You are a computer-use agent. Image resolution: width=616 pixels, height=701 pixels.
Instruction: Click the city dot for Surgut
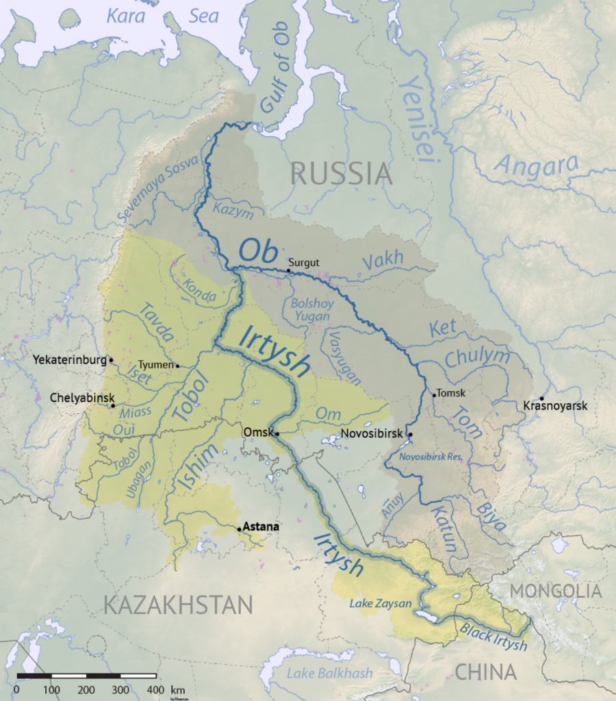pyautogui.click(x=288, y=270)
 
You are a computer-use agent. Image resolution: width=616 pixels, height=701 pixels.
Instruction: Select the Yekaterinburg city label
pyautogui.click(x=69, y=359)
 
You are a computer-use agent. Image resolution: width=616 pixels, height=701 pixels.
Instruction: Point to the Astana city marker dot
pyautogui.click(x=239, y=528)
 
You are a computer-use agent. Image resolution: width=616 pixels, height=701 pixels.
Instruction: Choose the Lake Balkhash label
pyautogui.click(x=330, y=673)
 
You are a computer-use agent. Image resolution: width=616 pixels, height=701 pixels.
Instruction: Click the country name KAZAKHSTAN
pyautogui.click(x=178, y=604)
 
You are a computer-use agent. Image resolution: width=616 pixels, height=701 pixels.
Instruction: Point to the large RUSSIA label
pyautogui.click(x=342, y=174)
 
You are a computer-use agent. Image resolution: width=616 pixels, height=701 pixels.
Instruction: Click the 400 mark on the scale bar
pyautogui.click(x=156, y=689)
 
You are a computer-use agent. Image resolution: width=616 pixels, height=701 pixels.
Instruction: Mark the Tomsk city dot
pyautogui.click(x=434, y=394)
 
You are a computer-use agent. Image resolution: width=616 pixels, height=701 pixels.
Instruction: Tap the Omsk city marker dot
pyautogui.click(x=277, y=433)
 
